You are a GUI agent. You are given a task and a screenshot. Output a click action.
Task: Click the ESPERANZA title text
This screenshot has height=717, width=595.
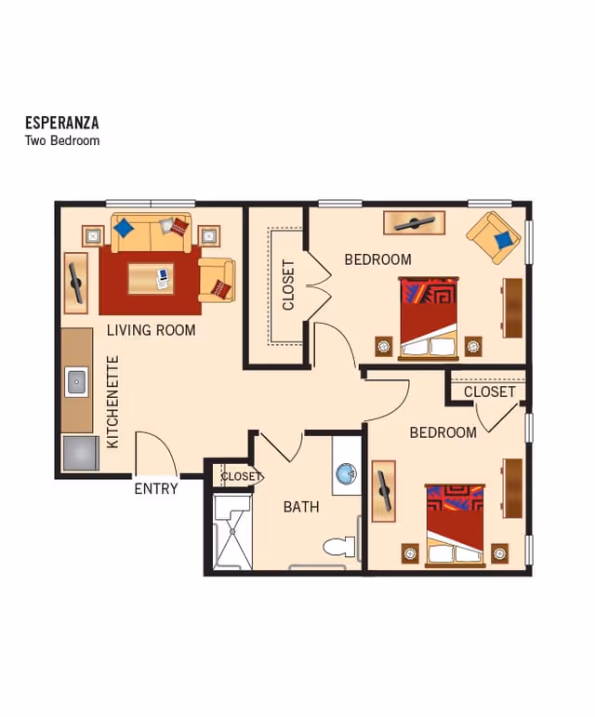[x=61, y=123]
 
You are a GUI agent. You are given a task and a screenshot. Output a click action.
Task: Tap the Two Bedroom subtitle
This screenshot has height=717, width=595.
[x=61, y=140]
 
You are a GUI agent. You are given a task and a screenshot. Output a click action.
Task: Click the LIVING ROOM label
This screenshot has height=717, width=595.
[x=151, y=330]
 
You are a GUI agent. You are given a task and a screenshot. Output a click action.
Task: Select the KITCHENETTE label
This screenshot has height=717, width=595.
[x=112, y=402]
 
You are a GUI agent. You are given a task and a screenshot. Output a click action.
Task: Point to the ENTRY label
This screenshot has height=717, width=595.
[x=155, y=488]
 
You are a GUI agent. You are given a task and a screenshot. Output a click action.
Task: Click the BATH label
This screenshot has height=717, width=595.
[x=301, y=507]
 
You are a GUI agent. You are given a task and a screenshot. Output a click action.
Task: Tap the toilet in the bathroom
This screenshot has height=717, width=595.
[x=340, y=546]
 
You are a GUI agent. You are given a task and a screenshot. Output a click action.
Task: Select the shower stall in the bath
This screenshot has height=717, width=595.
[x=231, y=532]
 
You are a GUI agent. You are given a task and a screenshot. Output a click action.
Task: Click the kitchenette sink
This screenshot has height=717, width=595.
[x=76, y=381]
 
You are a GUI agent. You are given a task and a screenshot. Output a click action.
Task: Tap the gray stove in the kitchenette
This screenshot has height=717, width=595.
[x=79, y=453]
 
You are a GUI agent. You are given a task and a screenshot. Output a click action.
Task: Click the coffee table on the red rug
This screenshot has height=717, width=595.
[x=151, y=278]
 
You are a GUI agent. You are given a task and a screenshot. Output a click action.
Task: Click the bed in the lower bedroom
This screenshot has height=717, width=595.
[x=455, y=524]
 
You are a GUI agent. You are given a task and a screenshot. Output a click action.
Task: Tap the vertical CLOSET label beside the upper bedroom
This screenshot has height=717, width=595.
[x=288, y=285]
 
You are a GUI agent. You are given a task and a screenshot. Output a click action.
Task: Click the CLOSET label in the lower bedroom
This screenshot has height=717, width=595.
[x=489, y=392]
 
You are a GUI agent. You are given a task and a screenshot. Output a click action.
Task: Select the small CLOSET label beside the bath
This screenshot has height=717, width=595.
[x=241, y=476]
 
